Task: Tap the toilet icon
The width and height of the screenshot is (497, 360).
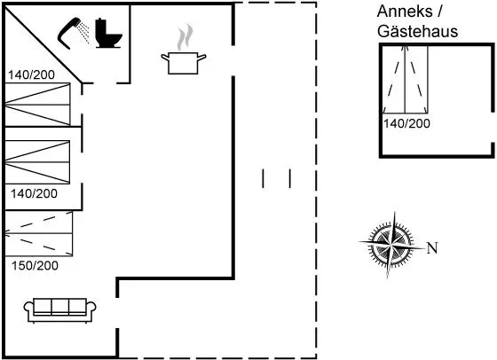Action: tap(108, 33)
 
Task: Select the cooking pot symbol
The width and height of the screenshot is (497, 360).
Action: tap(184, 63)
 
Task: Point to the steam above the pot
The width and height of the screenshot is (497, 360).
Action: tap(185, 37)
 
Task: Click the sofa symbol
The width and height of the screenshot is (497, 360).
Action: tap(60, 310)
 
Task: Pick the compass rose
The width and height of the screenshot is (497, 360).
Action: tap(391, 245)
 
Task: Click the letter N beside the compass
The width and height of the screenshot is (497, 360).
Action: tap(432, 248)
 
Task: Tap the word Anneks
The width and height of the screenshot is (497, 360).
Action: tap(405, 12)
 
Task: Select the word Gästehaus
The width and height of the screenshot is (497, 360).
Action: tap(418, 31)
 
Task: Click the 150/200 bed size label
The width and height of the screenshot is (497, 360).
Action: tap(35, 265)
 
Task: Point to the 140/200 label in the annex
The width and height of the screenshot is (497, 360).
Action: tap(406, 123)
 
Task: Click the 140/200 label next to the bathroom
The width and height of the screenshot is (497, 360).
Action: tap(31, 75)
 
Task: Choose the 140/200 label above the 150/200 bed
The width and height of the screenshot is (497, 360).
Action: tap(34, 193)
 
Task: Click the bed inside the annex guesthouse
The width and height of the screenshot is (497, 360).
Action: tap(406, 80)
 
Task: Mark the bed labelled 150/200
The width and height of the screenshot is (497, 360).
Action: tap(39, 234)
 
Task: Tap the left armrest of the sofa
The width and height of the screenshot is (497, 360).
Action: tap(28, 309)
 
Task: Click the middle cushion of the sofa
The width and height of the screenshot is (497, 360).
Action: tap(60, 306)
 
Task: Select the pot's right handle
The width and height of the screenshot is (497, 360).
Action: tap(202, 58)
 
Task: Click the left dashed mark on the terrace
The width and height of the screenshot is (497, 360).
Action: tap(263, 178)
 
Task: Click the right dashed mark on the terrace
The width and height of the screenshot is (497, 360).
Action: tap(290, 178)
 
